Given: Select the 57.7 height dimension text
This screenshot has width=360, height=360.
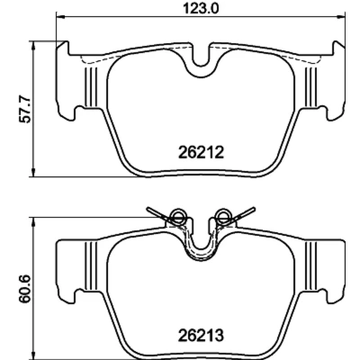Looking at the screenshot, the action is [x=25, y=109].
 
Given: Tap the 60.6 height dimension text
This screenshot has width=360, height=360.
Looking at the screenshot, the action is [x=25, y=288].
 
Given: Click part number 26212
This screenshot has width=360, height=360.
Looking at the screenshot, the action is [x=201, y=153].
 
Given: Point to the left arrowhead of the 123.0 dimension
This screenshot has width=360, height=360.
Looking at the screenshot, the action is [x=60, y=15].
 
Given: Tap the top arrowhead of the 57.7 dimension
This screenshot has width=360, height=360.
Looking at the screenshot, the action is [x=33, y=45].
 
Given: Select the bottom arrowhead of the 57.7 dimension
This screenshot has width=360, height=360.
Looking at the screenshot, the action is [x=33, y=172].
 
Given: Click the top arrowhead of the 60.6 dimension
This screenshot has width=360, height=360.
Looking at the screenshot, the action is [x=33, y=221].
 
